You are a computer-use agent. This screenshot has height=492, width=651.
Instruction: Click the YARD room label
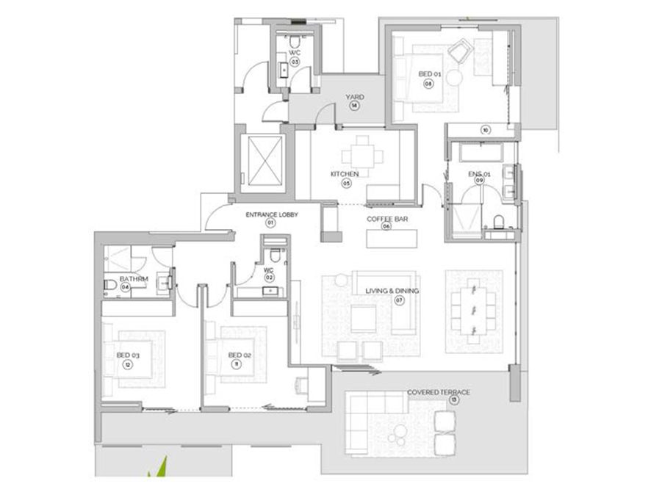355,96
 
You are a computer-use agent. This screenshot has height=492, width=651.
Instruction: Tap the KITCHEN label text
344,174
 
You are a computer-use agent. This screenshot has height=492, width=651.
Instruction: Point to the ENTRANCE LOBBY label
270,214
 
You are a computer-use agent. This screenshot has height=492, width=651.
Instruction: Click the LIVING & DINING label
392,291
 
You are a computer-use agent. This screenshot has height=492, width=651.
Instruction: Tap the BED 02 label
240,355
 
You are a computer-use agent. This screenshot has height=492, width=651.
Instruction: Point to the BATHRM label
135,278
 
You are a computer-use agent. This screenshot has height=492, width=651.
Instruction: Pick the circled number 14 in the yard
354,106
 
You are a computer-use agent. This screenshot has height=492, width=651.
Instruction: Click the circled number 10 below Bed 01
485,130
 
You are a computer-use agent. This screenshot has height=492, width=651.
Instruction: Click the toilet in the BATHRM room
109,284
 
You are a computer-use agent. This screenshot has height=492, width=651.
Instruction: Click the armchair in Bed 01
461,52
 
